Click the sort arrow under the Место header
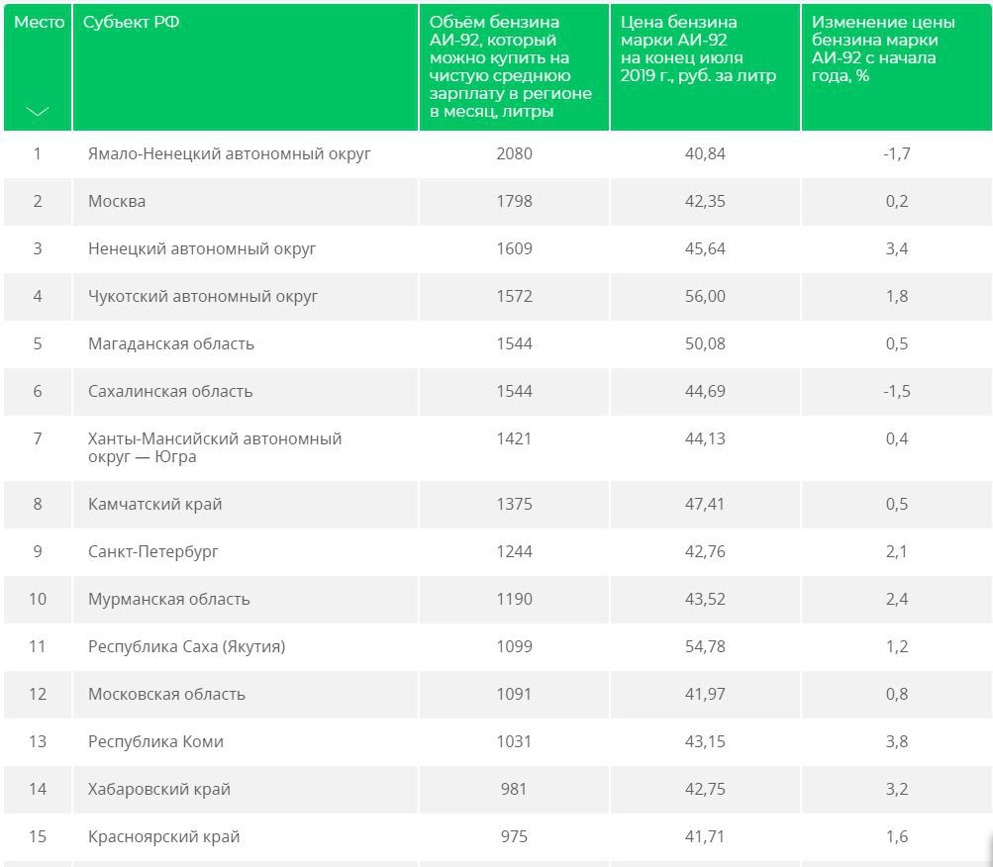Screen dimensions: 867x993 [x=37, y=112]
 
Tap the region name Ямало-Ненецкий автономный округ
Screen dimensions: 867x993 [x=229, y=153]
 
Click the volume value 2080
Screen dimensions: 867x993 [x=514, y=153]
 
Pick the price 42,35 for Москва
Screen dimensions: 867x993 [x=704, y=201]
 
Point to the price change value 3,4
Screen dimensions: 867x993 [x=896, y=248]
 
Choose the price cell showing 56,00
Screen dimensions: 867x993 [x=704, y=296]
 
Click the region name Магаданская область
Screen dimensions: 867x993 [x=170, y=343]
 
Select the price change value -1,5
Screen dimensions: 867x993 [x=896, y=391]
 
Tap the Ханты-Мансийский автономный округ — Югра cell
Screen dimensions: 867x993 [x=214, y=447]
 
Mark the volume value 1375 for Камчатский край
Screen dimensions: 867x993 [x=514, y=504]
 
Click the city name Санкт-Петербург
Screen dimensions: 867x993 [x=152, y=551]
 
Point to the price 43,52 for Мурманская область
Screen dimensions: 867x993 [x=704, y=599]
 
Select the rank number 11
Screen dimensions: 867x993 [x=38, y=646]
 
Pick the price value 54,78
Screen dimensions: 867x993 [x=704, y=646]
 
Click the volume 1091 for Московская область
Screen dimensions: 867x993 [x=514, y=694]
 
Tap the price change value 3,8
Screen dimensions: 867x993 [x=896, y=741]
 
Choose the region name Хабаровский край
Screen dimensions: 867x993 [x=158, y=789]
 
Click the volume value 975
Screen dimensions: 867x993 [x=514, y=836]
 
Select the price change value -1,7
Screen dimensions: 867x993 [x=896, y=153]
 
